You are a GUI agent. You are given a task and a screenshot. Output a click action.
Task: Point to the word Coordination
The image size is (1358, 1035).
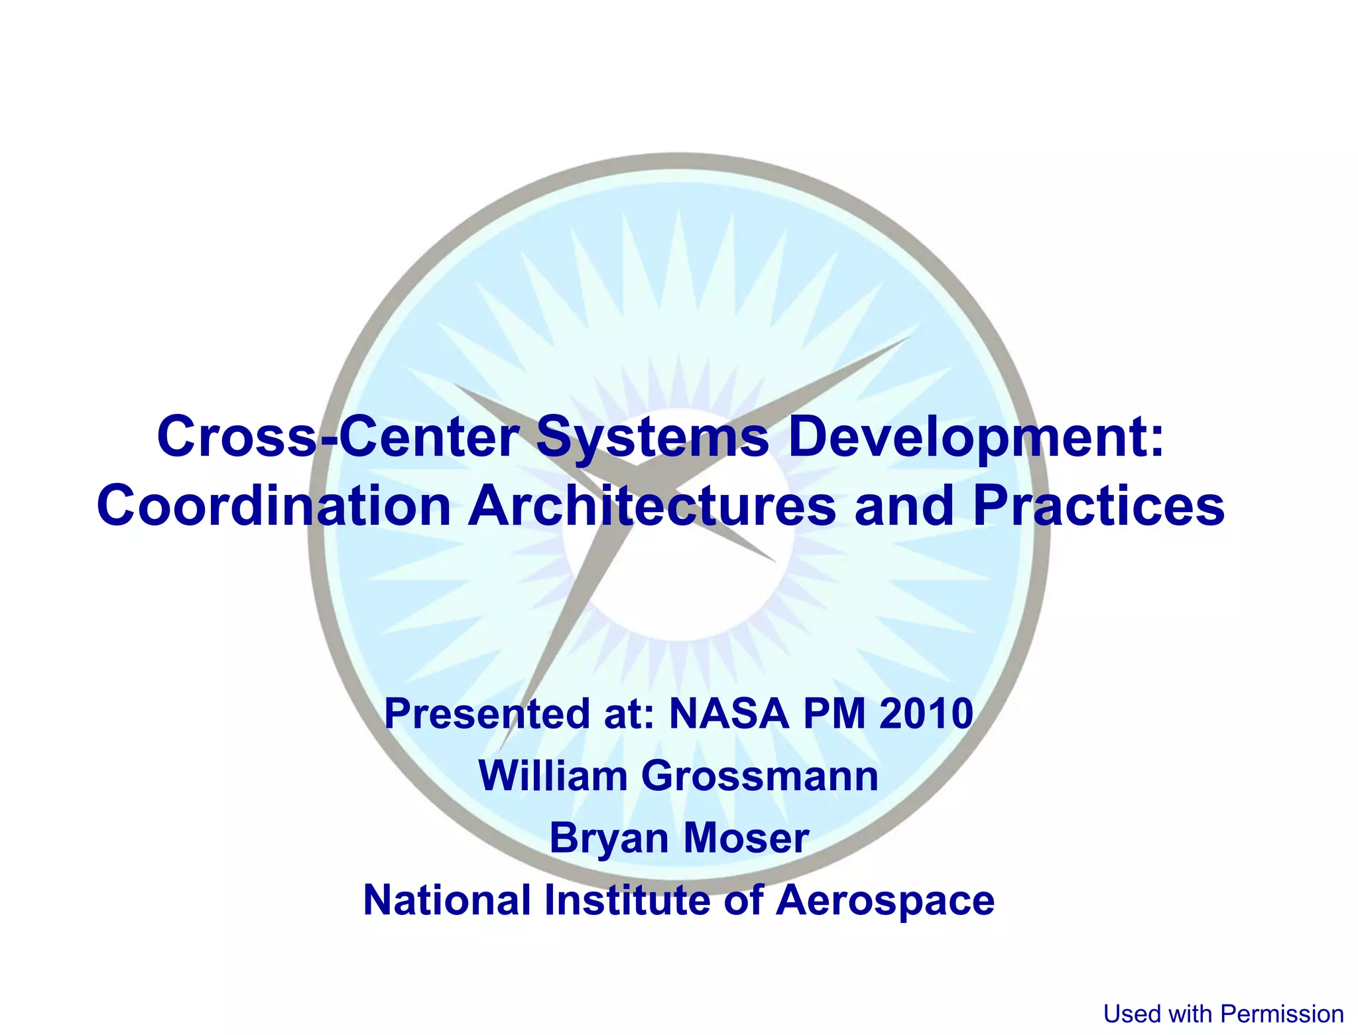click(x=274, y=506)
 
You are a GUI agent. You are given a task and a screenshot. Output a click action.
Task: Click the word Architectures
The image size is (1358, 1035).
click(x=652, y=506)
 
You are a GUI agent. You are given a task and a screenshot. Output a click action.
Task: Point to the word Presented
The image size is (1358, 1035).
click(x=487, y=714)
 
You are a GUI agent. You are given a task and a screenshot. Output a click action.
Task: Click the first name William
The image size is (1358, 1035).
click(x=552, y=776)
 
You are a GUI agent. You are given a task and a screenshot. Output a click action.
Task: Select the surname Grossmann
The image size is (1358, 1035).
click(x=760, y=776)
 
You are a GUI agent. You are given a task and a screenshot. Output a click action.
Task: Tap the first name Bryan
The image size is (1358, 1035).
click(x=608, y=839)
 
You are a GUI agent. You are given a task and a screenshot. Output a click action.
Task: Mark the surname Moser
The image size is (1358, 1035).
click(x=746, y=837)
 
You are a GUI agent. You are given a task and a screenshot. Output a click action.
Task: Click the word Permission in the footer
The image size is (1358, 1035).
click(x=1282, y=1014)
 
